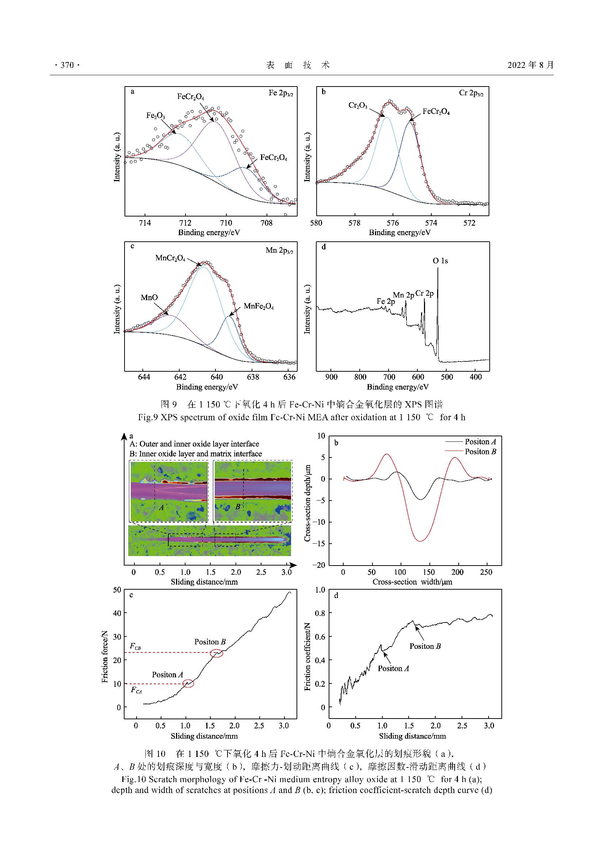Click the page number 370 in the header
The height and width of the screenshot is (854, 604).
pyautogui.click(x=67, y=65)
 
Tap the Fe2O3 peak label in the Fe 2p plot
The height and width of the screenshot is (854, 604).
pyautogui.click(x=156, y=116)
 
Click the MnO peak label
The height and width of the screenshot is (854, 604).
pyautogui.click(x=149, y=298)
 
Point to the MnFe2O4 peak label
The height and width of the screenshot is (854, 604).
pyautogui.click(x=259, y=307)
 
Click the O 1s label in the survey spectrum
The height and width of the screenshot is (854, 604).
pyautogui.click(x=440, y=261)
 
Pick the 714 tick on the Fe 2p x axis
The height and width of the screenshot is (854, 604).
pyautogui.click(x=145, y=223)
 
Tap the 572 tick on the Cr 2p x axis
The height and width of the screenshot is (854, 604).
pyautogui.click(x=469, y=223)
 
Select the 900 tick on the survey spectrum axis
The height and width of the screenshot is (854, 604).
pyautogui.click(x=331, y=377)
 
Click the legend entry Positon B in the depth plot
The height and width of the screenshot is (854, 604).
pyautogui.click(x=480, y=452)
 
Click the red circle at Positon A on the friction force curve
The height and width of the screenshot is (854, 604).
pyautogui.click(x=188, y=683)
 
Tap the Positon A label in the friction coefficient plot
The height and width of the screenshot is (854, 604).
pyautogui.click(x=394, y=669)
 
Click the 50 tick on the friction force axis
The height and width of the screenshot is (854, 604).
pyautogui.click(x=117, y=590)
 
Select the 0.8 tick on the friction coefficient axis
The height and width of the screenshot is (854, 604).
pyautogui.click(x=320, y=613)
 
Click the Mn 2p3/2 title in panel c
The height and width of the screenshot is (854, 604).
pyautogui.click(x=279, y=251)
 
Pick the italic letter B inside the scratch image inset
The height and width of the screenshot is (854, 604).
pyautogui.click(x=238, y=507)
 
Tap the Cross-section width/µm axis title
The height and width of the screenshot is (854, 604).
pyautogui.click(x=412, y=582)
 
